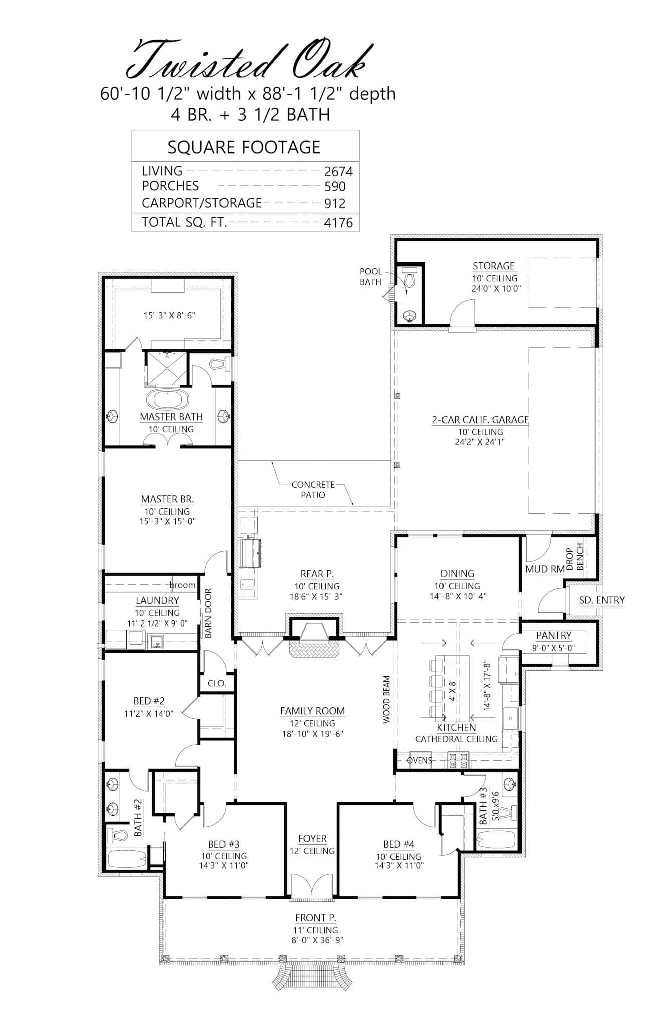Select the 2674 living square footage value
click(x=338, y=172)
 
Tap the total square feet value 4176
click(x=338, y=222)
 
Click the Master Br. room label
click(x=167, y=499)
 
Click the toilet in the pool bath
click(x=409, y=277)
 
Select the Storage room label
click(x=494, y=266)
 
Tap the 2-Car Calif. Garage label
click(x=481, y=420)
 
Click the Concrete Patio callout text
click(x=313, y=490)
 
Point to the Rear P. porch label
click(x=317, y=574)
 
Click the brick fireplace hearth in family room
click(x=313, y=651)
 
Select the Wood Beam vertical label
click(x=386, y=700)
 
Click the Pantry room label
click(x=553, y=635)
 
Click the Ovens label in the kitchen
click(x=419, y=760)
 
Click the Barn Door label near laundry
click(x=208, y=613)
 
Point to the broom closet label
click(x=182, y=585)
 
